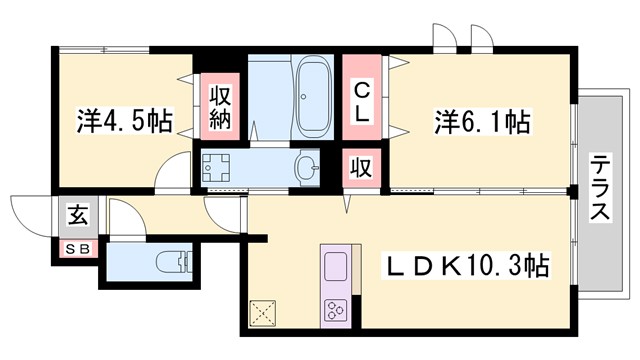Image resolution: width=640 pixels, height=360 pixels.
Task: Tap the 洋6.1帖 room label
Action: [482, 124]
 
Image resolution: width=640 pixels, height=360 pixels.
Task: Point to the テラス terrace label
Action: [600, 190]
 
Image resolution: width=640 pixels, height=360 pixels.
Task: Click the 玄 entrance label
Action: [76, 213]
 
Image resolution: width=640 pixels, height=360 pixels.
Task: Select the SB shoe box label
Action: [76, 249]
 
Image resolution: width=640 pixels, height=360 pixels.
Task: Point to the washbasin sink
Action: [307, 166]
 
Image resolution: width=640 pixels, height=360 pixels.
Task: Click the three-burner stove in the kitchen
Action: [335, 310]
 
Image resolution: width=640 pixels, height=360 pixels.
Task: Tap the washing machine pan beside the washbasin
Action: [217, 167]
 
